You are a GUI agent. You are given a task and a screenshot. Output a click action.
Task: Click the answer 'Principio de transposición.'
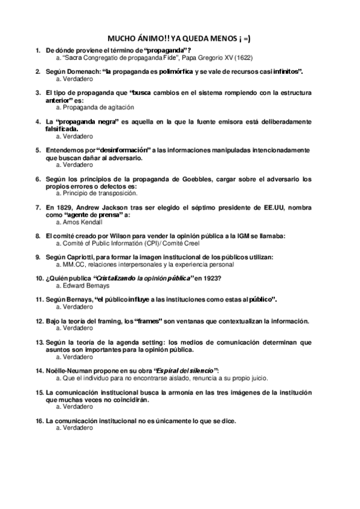[97, 193]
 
